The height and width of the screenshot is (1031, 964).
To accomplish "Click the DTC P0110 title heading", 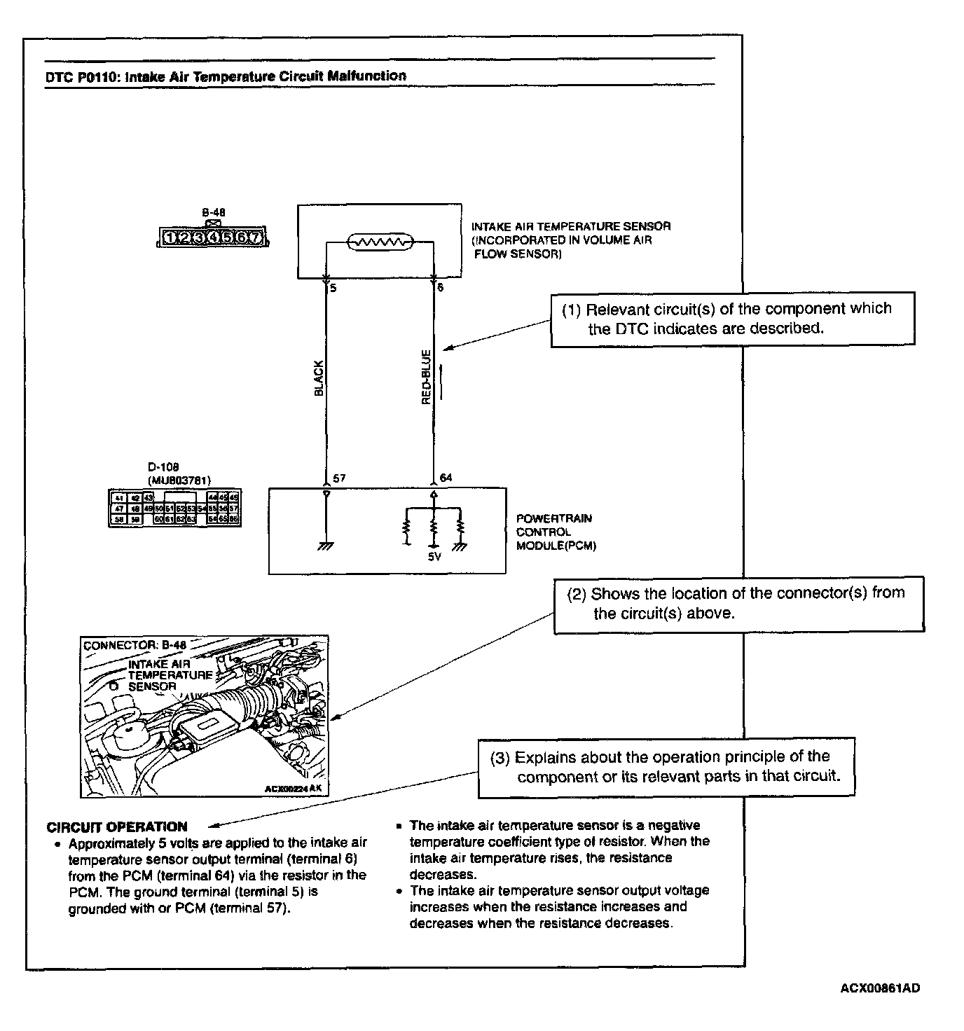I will tap(226, 76).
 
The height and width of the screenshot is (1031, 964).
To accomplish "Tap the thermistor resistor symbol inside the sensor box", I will tap(379, 243).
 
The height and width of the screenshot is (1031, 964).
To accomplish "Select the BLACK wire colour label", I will tap(319, 378).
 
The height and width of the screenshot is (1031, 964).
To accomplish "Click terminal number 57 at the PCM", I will tap(339, 478).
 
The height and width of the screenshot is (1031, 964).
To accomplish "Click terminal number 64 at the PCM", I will tap(446, 478).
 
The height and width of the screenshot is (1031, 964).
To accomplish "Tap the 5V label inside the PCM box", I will tap(434, 558).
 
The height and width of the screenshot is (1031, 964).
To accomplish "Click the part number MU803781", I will tap(179, 480).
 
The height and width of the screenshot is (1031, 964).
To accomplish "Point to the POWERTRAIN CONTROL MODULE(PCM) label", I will tap(556, 532).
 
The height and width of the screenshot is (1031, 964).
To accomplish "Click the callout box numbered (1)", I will tap(732, 319).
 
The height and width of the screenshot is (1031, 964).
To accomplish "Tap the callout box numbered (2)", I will tap(738, 604).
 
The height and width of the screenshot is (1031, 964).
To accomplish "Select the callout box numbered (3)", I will tap(666, 767).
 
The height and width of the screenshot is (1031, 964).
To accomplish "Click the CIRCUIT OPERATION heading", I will tap(117, 826).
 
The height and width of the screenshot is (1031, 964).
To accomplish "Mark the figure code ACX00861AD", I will tap(880, 988).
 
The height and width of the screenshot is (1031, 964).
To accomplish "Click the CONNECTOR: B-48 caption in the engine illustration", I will tap(135, 645).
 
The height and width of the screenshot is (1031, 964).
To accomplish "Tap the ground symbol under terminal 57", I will tap(326, 546).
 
